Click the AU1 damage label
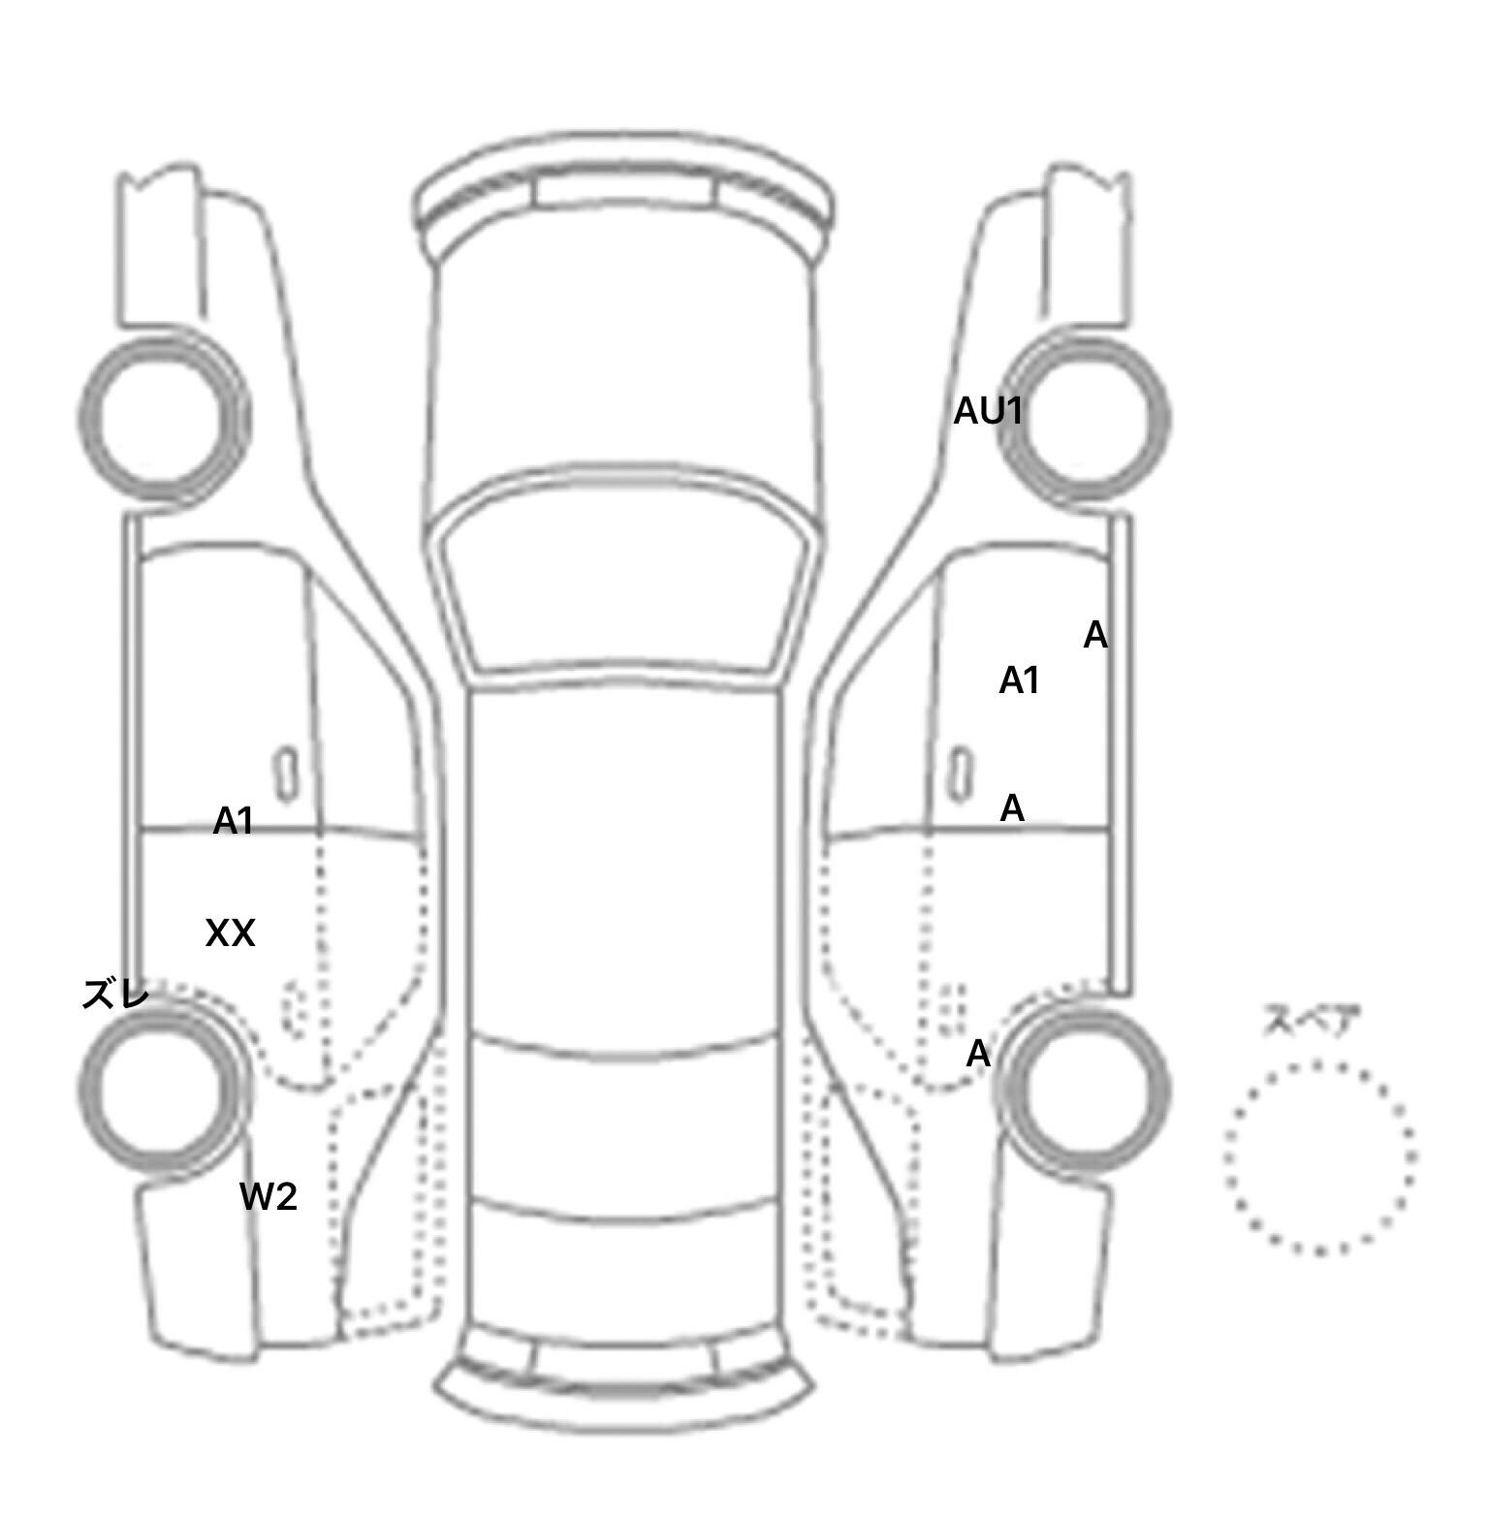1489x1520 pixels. pyautogui.click(x=988, y=412)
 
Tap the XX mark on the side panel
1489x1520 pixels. pyautogui.click(x=231, y=934)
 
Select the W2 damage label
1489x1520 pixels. pyautogui.click(x=269, y=1197)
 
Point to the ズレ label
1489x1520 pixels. pyautogui.click(x=115, y=994)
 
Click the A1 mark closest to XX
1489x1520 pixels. pyautogui.click(x=234, y=821)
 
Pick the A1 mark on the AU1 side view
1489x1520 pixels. pyautogui.click(x=1019, y=681)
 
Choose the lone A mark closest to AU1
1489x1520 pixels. pyautogui.click(x=1095, y=636)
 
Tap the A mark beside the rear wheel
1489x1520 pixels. pyautogui.click(x=979, y=1054)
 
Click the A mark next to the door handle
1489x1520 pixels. pyautogui.click(x=1012, y=807)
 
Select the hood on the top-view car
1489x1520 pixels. pyautogui.click(x=625, y=368)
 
